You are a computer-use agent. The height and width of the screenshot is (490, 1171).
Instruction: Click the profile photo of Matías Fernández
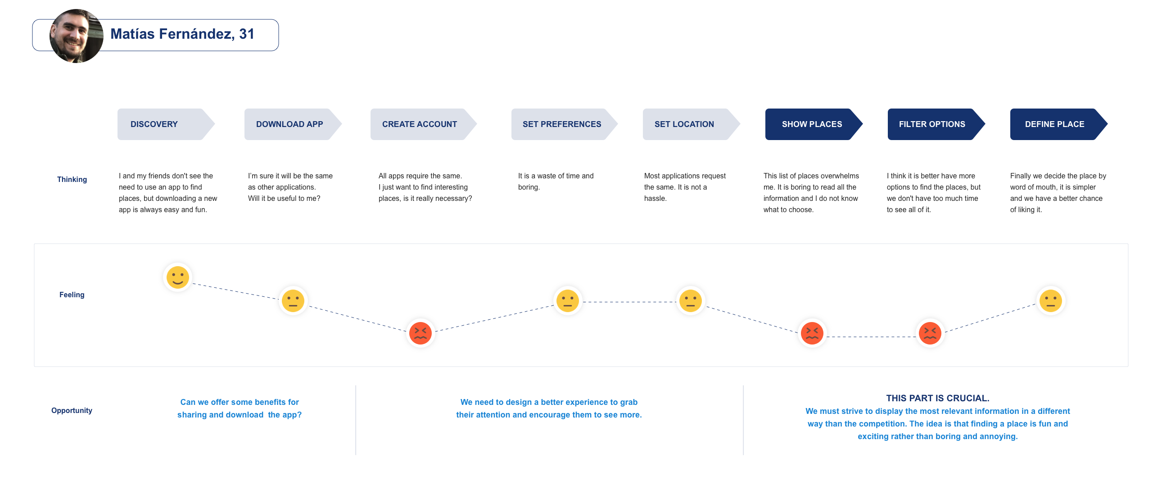[x=77, y=36]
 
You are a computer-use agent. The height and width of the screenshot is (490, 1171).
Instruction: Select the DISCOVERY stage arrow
[x=166, y=124]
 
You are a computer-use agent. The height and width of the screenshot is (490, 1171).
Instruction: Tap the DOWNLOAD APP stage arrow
[x=293, y=124]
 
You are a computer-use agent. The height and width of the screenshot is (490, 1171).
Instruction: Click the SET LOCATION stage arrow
[x=692, y=124]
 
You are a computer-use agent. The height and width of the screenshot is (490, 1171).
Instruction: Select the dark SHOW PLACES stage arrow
[x=814, y=124]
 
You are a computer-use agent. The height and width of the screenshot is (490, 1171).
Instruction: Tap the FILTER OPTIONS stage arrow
[x=936, y=124]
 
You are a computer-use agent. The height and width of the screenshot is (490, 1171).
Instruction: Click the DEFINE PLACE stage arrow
[x=1059, y=124]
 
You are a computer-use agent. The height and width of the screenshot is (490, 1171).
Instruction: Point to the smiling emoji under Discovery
[x=178, y=277]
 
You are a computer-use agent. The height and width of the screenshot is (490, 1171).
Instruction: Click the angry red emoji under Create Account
[x=420, y=333]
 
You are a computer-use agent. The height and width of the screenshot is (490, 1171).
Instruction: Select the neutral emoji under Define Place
[x=1050, y=300]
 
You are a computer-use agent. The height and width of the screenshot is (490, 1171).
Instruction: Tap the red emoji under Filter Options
[x=930, y=333]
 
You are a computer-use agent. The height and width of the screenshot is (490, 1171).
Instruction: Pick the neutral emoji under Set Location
[x=691, y=300]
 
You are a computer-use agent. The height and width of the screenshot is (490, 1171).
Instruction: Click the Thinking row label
[x=72, y=180]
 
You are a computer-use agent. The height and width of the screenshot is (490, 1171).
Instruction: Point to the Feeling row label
[x=72, y=295]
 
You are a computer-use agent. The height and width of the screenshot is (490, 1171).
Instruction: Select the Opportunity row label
[x=72, y=410]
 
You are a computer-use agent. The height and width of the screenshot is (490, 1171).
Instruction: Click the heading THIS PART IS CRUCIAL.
[x=938, y=398]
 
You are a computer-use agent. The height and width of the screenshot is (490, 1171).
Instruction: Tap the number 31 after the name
[x=247, y=34]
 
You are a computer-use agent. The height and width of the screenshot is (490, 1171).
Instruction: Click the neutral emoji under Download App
[x=293, y=300]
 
